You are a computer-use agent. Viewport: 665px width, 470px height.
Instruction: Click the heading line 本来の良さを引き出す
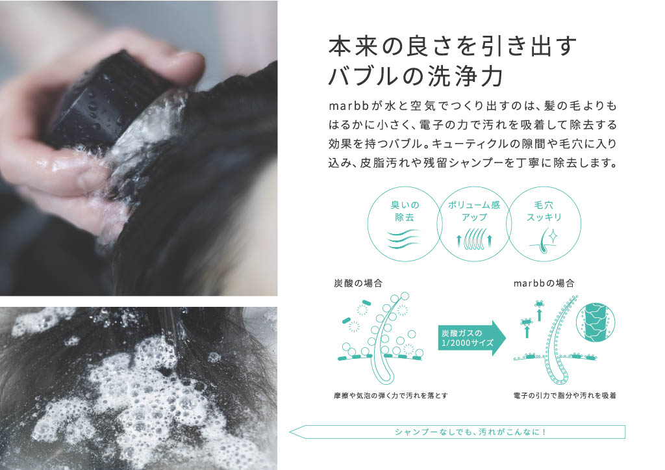click(x=452, y=46)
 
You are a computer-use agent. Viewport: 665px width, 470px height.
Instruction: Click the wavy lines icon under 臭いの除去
click(x=403, y=239)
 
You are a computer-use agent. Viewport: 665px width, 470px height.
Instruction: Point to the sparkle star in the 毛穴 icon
click(x=552, y=235)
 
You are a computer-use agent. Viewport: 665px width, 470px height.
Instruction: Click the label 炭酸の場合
click(x=358, y=283)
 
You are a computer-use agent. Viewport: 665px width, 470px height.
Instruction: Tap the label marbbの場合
click(x=544, y=283)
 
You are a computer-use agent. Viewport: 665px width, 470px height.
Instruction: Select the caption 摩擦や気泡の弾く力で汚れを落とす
click(x=390, y=396)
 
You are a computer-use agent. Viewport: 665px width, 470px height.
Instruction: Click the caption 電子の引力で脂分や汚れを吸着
click(x=564, y=396)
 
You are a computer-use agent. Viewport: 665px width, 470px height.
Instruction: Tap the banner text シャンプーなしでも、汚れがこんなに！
click(x=470, y=432)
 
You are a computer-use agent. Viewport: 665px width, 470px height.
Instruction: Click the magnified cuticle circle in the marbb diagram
click(x=596, y=322)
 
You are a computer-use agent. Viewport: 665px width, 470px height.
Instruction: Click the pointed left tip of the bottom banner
click(x=290, y=432)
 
